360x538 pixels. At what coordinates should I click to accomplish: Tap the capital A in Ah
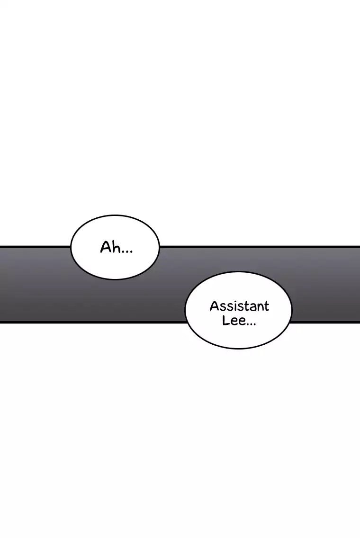tap(106, 247)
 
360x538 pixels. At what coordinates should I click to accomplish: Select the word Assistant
tap(240, 306)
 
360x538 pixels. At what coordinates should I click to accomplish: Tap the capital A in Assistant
tap(215, 306)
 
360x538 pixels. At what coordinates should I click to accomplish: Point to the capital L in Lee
tap(226, 321)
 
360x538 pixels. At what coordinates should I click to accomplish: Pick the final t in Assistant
tap(266, 306)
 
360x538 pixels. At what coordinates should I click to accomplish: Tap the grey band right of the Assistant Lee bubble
tap(325, 285)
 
